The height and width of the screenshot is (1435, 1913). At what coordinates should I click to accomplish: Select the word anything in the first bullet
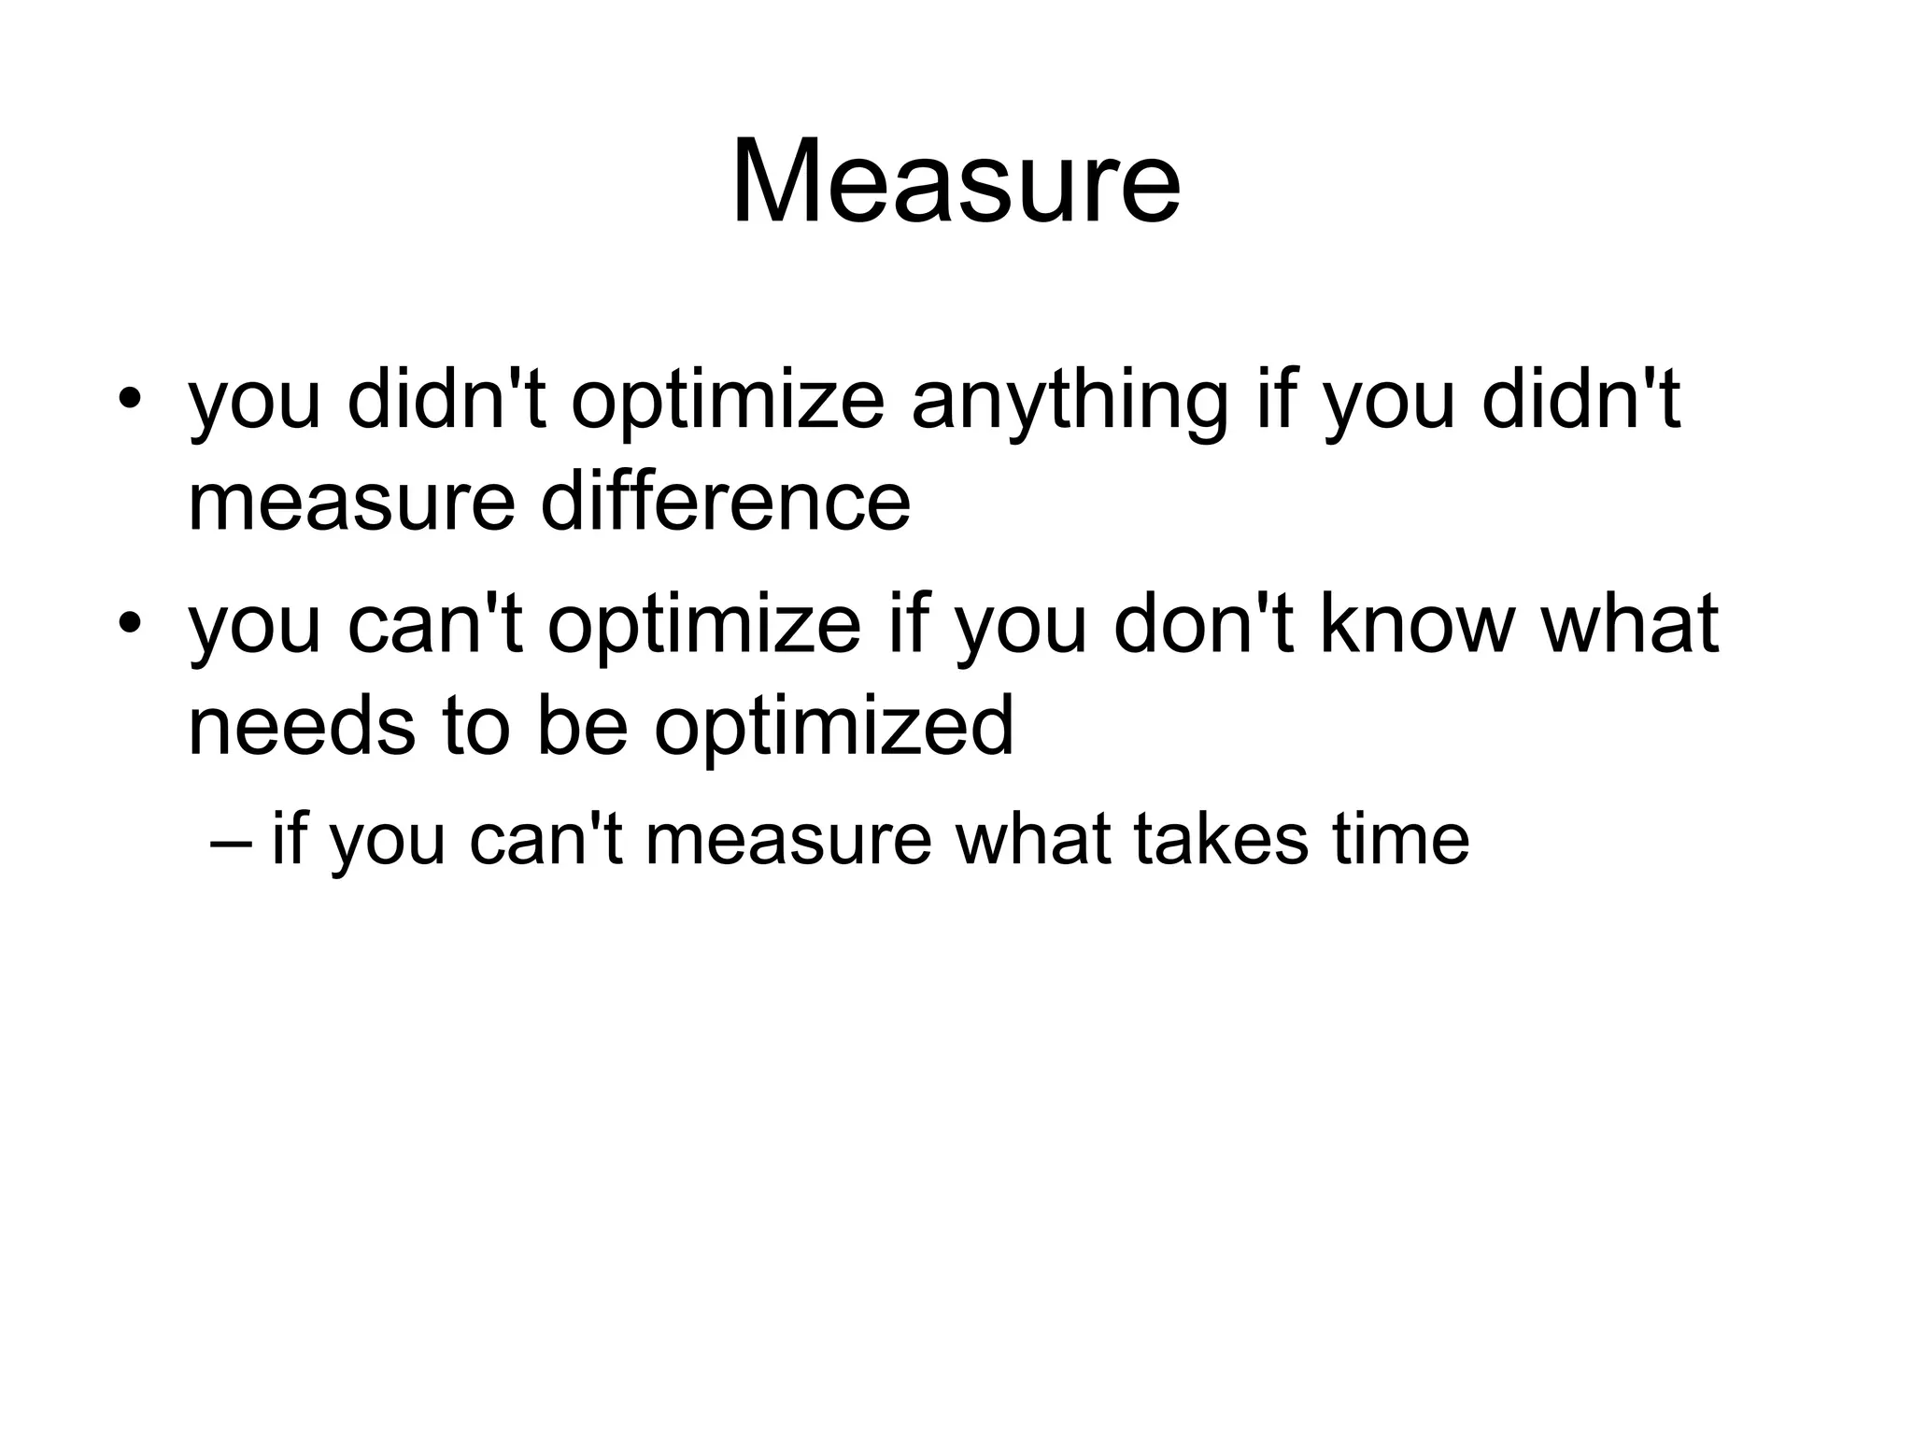[1069, 403]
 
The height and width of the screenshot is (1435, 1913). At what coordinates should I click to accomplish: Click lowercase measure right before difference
[351, 504]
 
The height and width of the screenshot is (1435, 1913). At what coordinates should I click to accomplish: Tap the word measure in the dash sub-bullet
[788, 840]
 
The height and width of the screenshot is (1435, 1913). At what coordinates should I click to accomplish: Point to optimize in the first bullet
[728, 405]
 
